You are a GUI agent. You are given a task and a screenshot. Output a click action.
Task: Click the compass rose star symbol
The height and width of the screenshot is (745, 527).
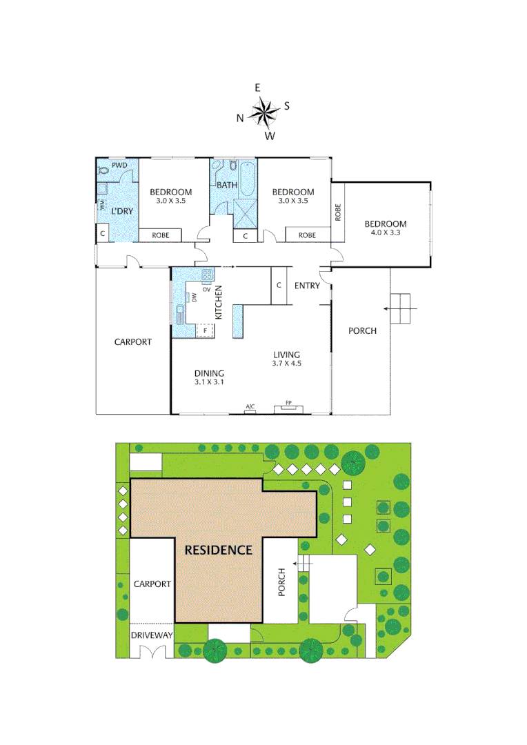[263, 112]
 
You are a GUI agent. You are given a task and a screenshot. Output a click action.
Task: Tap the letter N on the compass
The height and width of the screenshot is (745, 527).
[240, 118]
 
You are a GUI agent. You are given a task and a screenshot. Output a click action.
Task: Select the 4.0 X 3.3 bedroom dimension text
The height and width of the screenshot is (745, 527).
[386, 234]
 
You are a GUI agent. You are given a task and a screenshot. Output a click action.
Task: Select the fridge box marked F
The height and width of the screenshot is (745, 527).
[205, 330]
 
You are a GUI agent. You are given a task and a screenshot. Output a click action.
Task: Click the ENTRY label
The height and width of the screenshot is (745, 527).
[307, 286]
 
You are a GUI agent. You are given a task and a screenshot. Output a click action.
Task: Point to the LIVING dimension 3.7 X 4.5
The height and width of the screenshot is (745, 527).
[287, 364]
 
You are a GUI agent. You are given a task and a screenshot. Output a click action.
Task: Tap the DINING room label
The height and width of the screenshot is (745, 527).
[209, 373]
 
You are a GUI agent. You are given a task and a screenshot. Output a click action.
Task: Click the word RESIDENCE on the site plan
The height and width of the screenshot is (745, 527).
[218, 550]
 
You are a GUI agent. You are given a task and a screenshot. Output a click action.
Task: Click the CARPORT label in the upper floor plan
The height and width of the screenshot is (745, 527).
[132, 341]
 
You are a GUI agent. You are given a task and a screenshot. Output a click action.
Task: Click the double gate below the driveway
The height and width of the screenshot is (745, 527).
[152, 651]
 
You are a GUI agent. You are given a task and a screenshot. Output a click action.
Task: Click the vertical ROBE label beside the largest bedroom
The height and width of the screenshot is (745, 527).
[338, 212]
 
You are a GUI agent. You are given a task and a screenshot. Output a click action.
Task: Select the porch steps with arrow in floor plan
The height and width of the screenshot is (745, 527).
[400, 308]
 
